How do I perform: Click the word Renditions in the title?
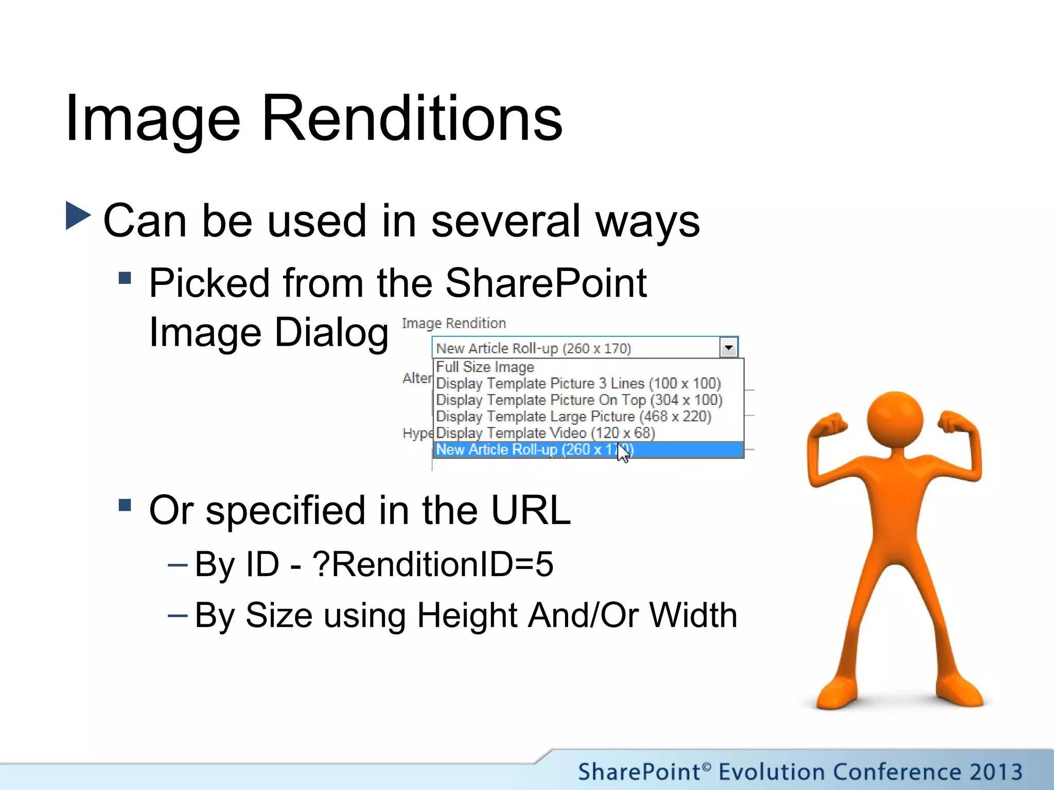(x=412, y=119)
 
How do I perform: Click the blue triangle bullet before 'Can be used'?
(x=78, y=216)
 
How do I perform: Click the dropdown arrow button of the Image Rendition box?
(x=728, y=348)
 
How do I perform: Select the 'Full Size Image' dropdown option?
(x=485, y=367)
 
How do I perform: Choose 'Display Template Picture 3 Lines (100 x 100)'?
(x=578, y=384)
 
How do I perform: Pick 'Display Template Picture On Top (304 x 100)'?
(x=579, y=400)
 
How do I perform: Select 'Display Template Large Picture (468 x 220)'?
(x=573, y=417)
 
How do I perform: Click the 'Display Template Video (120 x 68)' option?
(x=545, y=433)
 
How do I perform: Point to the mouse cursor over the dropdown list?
(x=622, y=453)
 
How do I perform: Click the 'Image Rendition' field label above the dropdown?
(x=454, y=324)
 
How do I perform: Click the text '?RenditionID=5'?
(x=432, y=564)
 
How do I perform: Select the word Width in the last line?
(x=693, y=615)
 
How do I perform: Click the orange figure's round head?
(x=894, y=419)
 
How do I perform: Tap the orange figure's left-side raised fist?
(x=828, y=425)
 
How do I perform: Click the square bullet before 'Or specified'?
(x=125, y=505)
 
